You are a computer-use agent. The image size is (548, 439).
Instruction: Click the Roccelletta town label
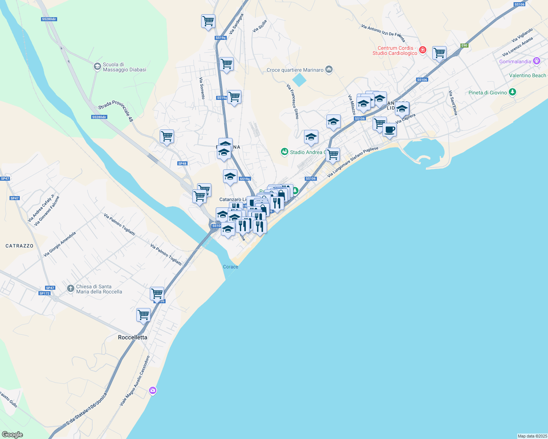133,337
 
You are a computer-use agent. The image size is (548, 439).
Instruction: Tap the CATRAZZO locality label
19,246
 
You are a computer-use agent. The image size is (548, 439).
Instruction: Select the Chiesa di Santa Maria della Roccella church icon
71,289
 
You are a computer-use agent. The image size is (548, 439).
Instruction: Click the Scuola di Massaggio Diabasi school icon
97,67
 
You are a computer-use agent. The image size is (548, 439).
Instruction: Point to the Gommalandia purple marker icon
537,61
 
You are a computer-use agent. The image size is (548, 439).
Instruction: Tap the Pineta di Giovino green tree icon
512,92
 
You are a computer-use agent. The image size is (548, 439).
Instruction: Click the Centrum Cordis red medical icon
423,50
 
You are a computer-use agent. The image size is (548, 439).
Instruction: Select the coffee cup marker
389,130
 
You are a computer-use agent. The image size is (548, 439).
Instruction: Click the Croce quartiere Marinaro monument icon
329,70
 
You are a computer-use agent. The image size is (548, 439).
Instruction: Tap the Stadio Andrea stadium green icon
284,152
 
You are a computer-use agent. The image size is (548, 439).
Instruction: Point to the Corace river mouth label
230,267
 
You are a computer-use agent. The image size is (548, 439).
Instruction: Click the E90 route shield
464,45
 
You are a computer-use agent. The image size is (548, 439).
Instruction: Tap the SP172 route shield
44,293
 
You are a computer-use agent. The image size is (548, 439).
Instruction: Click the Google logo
12,434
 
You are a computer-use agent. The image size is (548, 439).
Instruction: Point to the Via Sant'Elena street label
453,103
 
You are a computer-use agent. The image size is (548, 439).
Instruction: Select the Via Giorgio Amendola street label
60,244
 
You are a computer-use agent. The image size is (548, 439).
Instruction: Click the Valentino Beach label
527,75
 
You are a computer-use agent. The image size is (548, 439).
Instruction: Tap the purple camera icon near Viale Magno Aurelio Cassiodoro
153,391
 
